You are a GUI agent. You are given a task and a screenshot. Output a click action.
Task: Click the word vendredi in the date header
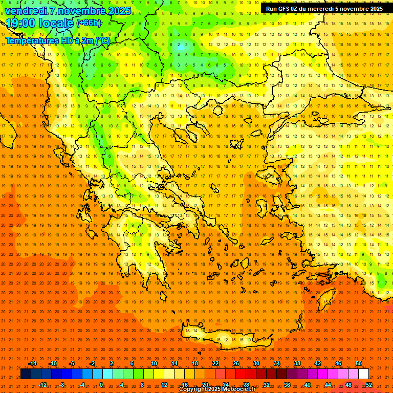26,11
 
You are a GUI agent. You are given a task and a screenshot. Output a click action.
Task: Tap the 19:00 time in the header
20,24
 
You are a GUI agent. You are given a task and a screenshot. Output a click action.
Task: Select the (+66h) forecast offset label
89,23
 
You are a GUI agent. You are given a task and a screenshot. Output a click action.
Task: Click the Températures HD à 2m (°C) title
58,40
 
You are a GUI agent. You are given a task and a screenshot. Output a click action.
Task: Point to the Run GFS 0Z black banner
324,9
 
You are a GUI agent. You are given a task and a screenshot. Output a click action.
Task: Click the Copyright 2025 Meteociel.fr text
217,389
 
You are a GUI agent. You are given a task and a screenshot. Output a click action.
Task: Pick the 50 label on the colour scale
358,363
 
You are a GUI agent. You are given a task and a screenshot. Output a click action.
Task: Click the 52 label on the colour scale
368,384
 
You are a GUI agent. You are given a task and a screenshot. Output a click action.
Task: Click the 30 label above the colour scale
256,363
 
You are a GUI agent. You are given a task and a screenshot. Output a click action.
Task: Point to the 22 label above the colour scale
215,363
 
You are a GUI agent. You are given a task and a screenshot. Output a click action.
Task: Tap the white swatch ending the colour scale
363,374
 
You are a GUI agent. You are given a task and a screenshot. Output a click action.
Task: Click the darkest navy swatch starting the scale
26,374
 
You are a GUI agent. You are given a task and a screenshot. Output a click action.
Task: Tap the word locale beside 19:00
56,24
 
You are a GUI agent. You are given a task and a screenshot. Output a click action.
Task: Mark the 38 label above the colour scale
297,363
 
